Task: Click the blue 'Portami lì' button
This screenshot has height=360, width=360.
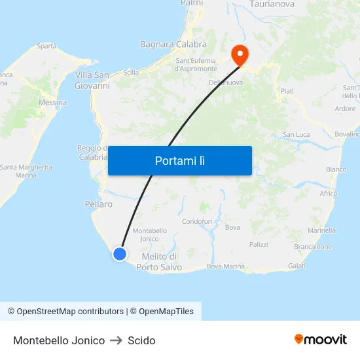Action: [179, 160]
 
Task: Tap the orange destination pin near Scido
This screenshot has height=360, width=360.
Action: [240, 54]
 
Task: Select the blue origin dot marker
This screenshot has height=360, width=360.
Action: [120, 254]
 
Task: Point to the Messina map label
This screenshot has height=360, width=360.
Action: [52, 103]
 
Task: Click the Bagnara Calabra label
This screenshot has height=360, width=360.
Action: [173, 45]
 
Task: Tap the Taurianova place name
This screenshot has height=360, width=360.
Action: [272, 4]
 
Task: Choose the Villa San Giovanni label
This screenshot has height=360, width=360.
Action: [92, 81]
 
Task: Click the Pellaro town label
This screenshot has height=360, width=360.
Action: [99, 204]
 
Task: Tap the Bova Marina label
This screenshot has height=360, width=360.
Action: [225, 266]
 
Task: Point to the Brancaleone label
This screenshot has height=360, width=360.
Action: [313, 247]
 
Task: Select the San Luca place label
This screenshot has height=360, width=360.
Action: [296, 135]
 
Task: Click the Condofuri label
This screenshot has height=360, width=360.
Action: [197, 221]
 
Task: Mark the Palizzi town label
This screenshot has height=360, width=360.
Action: [259, 244]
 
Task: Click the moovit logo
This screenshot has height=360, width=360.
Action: [321, 339]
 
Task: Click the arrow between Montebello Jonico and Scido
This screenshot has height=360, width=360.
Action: [117, 340]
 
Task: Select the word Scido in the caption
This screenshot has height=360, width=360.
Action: [141, 340]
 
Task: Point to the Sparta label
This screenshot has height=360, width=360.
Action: [46, 46]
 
